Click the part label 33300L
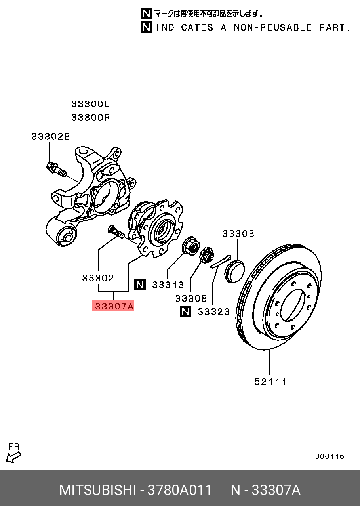point(90,104)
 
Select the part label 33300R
point(91,117)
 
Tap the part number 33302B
point(51,136)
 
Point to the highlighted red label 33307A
point(113,306)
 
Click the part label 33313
point(168,285)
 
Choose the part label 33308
point(191,298)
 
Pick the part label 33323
point(213,312)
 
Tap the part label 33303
point(238,233)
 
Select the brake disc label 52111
point(270,382)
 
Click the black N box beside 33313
point(140,285)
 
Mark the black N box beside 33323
point(185,312)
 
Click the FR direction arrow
point(13,457)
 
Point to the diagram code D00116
point(330,456)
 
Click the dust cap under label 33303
point(234,271)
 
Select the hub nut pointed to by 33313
point(191,246)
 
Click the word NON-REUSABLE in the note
point(273,27)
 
